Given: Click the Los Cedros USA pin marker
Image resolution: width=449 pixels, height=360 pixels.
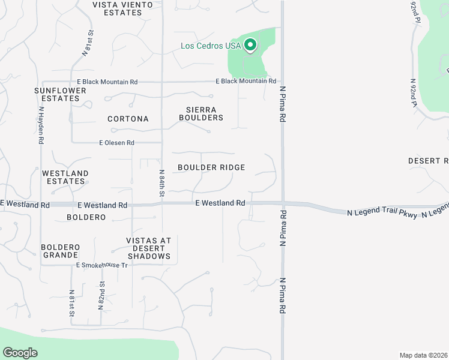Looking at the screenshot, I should (250, 46).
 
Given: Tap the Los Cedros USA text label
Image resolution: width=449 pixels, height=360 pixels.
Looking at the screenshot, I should (211, 46).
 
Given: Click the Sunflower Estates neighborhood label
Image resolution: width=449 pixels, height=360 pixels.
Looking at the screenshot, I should (57, 94).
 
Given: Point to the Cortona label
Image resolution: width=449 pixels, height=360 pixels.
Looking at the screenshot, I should (128, 119).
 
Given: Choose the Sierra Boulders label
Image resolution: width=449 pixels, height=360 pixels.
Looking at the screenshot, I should (201, 113).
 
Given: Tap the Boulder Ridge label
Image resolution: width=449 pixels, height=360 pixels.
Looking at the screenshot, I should (211, 167).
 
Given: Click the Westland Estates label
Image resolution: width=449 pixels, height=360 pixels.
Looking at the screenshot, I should (65, 177).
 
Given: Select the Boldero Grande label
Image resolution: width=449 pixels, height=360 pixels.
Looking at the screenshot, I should (61, 251).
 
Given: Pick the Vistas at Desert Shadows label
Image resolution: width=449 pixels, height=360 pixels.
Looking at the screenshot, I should (149, 248).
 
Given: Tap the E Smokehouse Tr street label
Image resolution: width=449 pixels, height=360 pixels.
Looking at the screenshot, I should (102, 265).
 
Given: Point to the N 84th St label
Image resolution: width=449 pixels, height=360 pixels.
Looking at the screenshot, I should (162, 183).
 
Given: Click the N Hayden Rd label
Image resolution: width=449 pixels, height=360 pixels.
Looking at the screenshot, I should (41, 125).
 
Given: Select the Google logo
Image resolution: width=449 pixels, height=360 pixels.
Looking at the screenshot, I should (20, 353).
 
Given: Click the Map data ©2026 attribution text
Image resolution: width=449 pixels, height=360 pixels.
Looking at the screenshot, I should (423, 355).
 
